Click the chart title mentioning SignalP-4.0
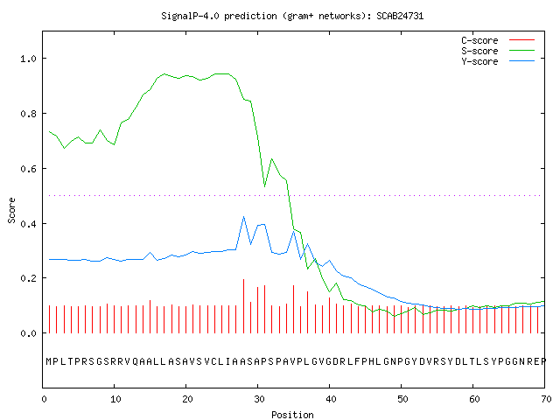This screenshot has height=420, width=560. [x=292, y=16]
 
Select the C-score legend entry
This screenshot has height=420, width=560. [x=498, y=40]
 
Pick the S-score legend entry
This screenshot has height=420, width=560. [x=498, y=51]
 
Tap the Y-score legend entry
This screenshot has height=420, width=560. [x=498, y=61]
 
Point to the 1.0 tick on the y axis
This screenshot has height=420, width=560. [x=28, y=59]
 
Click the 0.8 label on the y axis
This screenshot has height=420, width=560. [x=28, y=114]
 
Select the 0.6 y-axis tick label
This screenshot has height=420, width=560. [x=28, y=169]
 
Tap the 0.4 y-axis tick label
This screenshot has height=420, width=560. [x=28, y=224]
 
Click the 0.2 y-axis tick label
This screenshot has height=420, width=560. [x=28, y=278]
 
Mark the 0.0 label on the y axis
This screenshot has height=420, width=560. [x=28, y=333]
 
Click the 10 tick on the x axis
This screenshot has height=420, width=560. [x=115, y=399]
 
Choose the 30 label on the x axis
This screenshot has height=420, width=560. [x=259, y=399]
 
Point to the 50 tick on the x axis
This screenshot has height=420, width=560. [x=402, y=399]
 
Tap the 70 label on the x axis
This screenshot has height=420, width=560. [x=546, y=399]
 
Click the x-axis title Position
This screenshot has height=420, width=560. [x=292, y=415]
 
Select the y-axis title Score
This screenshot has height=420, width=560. [x=11, y=210]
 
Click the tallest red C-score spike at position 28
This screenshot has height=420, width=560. [x=243, y=306]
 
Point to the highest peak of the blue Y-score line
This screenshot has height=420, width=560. [x=243, y=217]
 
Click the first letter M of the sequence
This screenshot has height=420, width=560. [x=49, y=361]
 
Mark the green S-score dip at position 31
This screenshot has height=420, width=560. [x=264, y=186]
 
